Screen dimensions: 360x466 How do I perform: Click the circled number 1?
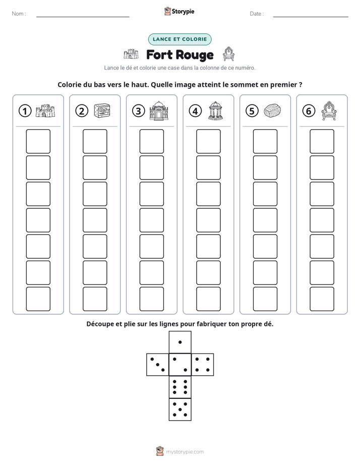pyautogui.click(x=25, y=111)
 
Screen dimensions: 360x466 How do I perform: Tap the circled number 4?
pyautogui.click(x=195, y=111)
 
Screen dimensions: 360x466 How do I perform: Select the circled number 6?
pyautogui.click(x=309, y=111)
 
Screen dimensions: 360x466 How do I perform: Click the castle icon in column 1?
pyautogui.click(x=45, y=111)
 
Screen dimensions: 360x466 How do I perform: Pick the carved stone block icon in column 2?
pyautogui.click(x=102, y=111)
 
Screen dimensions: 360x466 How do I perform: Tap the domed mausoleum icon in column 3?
pyautogui.click(x=159, y=110)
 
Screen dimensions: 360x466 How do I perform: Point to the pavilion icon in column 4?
pyautogui.click(x=216, y=110)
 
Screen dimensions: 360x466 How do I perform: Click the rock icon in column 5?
pyautogui.click(x=272, y=110)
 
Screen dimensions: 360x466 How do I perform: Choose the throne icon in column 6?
pyautogui.click(x=329, y=110)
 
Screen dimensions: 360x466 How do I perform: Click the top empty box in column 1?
pyautogui.click(x=38, y=141)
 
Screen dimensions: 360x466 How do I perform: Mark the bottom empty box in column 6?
pyautogui.click(x=322, y=299)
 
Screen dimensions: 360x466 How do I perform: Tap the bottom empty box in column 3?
pyautogui.click(x=151, y=299)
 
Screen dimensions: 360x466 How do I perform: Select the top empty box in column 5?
pyautogui.click(x=265, y=141)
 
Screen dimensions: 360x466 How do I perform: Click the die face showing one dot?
pyautogui.click(x=180, y=342)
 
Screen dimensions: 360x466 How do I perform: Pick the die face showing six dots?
pyautogui.click(x=180, y=387)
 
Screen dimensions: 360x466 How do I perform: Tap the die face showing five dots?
pyautogui.click(x=180, y=410)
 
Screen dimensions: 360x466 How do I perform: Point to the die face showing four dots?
pyautogui.click(x=203, y=365)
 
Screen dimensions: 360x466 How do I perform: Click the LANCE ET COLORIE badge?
pyautogui.click(x=179, y=39)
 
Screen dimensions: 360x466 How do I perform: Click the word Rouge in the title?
pyautogui.click(x=197, y=55)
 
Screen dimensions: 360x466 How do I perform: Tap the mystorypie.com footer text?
pyautogui.click(x=185, y=452)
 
